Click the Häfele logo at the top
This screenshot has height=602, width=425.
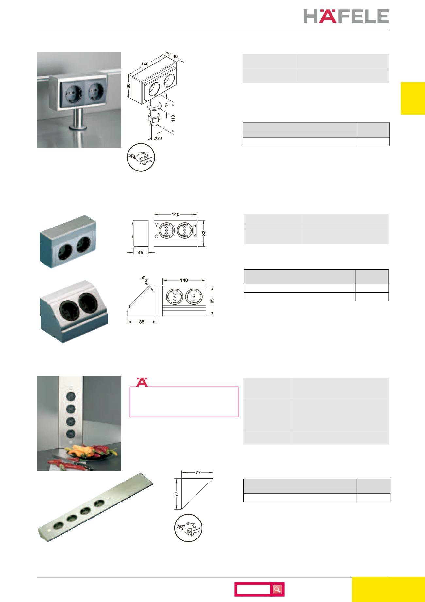click(346, 16)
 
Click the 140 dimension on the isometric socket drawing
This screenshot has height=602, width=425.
click(145, 64)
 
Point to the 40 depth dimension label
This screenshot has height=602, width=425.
click(175, 56)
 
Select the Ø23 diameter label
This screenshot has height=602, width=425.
click(158, 138)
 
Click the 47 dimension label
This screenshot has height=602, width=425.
click(166, 105)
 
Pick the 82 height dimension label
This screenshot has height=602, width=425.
click(204, 233)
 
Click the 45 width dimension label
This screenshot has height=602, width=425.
click(141, 252)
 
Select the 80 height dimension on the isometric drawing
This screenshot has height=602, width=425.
click(129, 86)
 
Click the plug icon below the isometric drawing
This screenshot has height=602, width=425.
click(141, 157)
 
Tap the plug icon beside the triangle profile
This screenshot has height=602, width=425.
click(188, 528)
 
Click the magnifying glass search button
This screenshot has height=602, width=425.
click(278, 590)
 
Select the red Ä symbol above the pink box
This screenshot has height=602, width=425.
click(142, 382)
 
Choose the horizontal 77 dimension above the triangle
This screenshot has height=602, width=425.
click(198, 472)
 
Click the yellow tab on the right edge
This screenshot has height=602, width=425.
click(413, 98)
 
